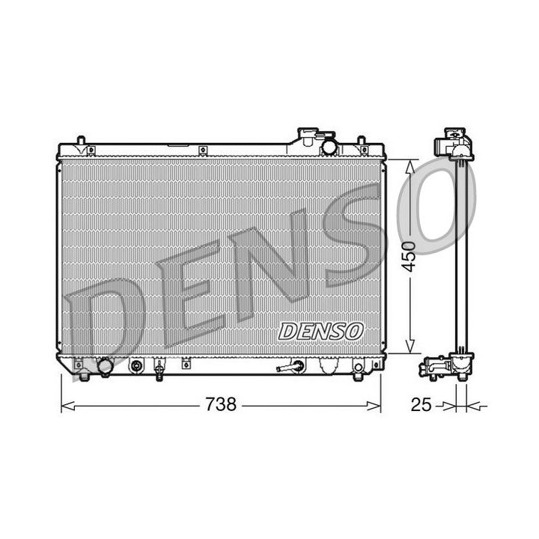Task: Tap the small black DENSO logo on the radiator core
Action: [321, 330]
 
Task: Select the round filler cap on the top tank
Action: [329, 145]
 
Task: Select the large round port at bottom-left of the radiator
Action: [104, 368]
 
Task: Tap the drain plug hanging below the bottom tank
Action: [159, 369]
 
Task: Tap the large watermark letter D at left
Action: [105, 314]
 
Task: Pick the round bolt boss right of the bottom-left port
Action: [136, 366]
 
